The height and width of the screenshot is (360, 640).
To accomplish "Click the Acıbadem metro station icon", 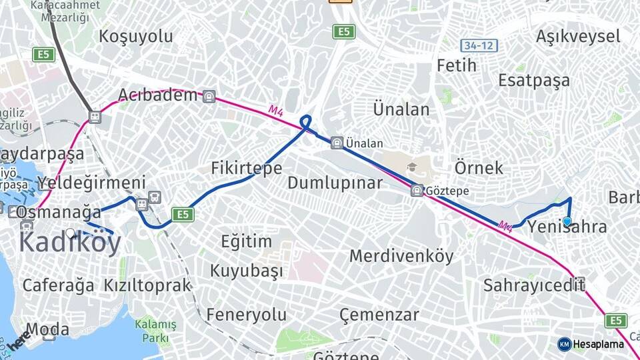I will pyautogui.click(x=209, y=96).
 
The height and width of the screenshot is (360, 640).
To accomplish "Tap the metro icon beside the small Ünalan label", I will pyautogui.click(x=337, y=143).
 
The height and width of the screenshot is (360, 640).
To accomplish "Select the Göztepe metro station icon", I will pyautogui.click(x=417, y=191).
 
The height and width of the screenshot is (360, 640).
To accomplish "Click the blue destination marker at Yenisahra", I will pyautogui.click(x=567, y=221).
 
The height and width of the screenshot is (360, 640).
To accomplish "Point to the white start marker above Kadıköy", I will pyautogui.click(x=70, y=233).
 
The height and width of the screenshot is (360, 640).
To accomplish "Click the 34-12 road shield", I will pyautogui.click(x=479, y=45).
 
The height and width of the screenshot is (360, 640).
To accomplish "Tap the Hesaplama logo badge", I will pyautogui.click(x=564, y=344).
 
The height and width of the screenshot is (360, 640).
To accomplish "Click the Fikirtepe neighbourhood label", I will pyautogui.click(x=246, y=168).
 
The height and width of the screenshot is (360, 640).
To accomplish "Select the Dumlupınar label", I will pyautogui.click(x=335, y=183).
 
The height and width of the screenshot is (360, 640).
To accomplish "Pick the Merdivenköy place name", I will pyautogui.click(x=401, y=255).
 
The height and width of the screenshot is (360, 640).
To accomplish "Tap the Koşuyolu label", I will pyautogui.click(x=136, y=36).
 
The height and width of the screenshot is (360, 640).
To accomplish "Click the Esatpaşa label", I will pyautogui.click(x=534, y=81).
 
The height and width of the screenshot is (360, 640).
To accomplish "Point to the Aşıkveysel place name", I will pyautogui.click(x=578, y=36).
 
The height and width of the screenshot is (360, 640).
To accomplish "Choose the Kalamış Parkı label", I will pyautogui.click(x=155, y=331).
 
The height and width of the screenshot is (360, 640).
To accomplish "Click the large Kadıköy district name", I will pyautogui.click(x=70, y=243).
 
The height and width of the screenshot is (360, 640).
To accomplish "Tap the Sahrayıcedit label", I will pyautogui.click(x=534, y=286).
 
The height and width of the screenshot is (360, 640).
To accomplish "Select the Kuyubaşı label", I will pyautogui.click(x=247, y=271).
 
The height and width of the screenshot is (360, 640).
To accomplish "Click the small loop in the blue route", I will pyautogui.click(x=305, y=121).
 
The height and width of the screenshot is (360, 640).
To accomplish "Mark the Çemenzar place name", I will pyautogui.click(x=379, y=315).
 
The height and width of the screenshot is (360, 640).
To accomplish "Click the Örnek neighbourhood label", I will pyautogui.click(x=479, y=167).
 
